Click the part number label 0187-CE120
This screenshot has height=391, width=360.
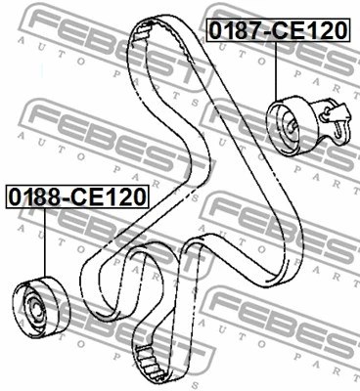coord(276,30)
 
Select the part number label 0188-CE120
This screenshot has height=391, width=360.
coord(75,195)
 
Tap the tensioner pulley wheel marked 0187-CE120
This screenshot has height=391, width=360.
coord(291,122)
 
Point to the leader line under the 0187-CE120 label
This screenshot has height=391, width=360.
coord(277,68)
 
